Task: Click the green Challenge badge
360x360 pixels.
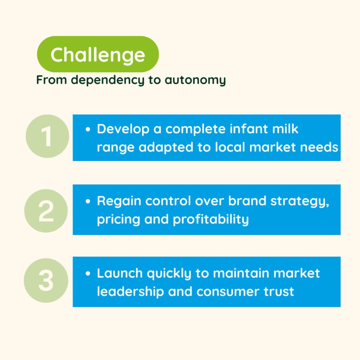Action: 98,54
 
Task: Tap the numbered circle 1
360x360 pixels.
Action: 47,136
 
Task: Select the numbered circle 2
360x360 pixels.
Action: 46,211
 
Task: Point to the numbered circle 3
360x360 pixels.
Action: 46,280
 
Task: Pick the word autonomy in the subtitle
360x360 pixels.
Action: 195,80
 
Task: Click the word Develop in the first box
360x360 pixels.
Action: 123,129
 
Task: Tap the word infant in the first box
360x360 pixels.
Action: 249,129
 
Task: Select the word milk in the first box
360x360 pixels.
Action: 285,129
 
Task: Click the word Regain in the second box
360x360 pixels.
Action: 119,201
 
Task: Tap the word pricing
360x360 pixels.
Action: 118,219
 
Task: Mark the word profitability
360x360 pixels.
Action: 211,219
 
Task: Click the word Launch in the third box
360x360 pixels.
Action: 120,273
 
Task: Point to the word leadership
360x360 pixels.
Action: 130,291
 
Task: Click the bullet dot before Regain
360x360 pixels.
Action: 88,201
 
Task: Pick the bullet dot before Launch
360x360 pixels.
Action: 88,274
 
